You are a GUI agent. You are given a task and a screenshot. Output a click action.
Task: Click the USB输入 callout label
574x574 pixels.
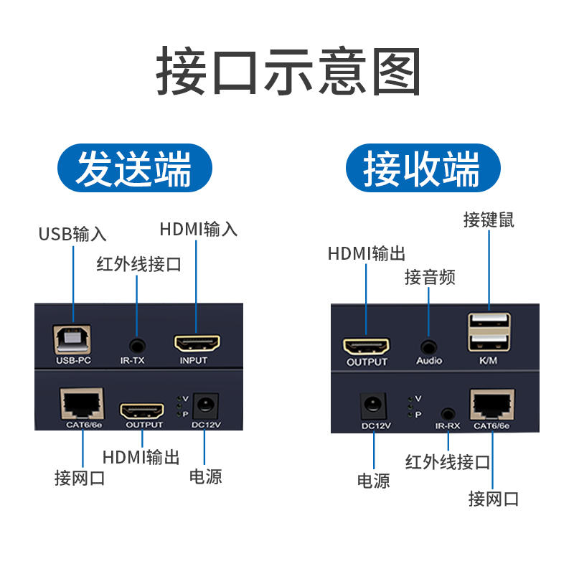pyautogui.click(x=72, y=234)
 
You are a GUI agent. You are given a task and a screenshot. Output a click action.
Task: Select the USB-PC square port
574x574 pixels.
pyautogui.click(x=72, y=337)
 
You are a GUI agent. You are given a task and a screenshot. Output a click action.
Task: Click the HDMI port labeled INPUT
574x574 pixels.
pyautogui.click(x=197, y=342)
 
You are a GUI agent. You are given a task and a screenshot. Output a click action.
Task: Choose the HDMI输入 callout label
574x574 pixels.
pyautogui.click(x=199, y=230)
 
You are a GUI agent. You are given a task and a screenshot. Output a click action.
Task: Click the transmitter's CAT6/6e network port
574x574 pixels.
pyautogui.click(x=82, y=405)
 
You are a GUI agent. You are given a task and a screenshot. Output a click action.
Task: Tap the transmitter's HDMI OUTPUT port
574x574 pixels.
pyautogui.click(x=143, y=411)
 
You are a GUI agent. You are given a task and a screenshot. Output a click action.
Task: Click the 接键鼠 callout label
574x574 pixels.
pyautogui.click(x=489, y=220)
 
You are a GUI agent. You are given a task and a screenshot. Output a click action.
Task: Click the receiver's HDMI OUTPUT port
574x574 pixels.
pyautogui.click(x=367, y=347)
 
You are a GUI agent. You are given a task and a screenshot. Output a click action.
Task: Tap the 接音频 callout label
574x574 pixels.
pyautogui.click(x=430, y=277)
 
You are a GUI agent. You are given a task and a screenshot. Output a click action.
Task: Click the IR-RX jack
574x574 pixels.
pyautogui.click(x=448, y=413)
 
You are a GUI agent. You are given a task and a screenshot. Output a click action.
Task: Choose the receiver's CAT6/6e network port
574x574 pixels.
pyautogui.click(x=491, y=405)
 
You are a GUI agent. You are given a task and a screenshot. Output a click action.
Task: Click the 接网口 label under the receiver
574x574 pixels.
pyautogui.click(x=493, y=498)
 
